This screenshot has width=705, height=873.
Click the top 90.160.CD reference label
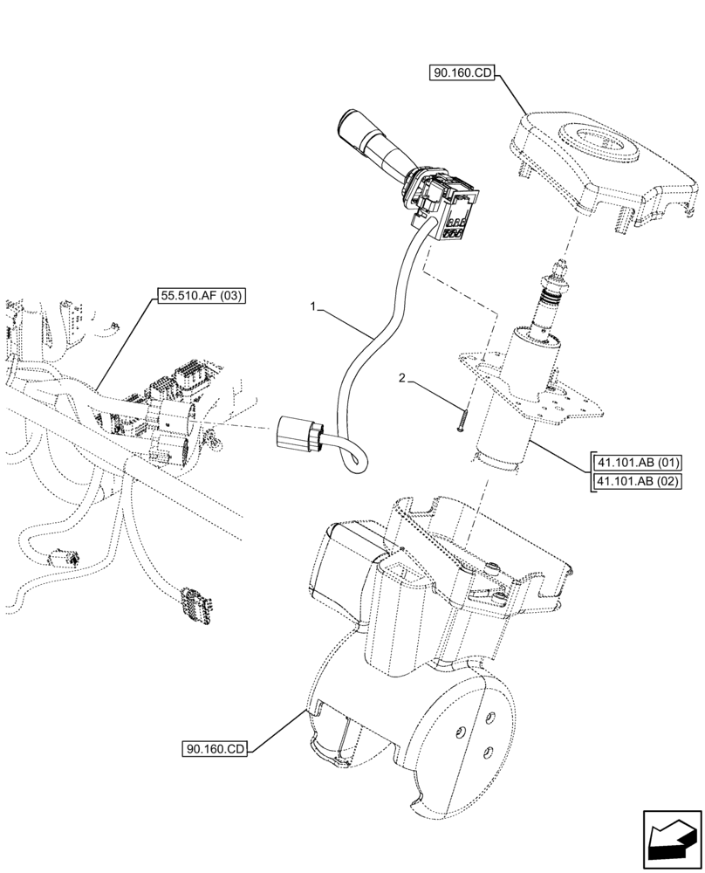click(x=462, y=74)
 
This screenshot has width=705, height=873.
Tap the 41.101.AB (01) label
click(x=638, y=463)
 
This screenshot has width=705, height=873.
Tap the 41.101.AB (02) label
click(x=638, y=481)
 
